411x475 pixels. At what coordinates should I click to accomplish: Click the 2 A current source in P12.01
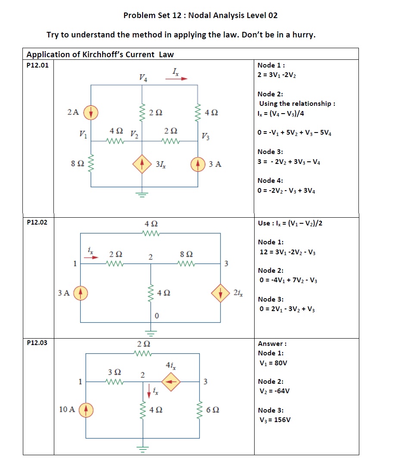pyautogui.click(x=91, y=112)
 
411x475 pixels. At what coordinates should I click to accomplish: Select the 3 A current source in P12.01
pyautogui.click(x=198, y=164)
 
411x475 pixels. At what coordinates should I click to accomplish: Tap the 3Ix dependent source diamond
pyautogui.click(x=142, y=164)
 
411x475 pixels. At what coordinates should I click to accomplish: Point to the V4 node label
pyautogui.click(x=143, y=78)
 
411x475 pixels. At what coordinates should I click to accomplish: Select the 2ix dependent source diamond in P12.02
pyautogui.click(x=221, y=293)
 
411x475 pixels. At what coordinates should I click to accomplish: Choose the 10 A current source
pyautogui.click(x=86, y=409)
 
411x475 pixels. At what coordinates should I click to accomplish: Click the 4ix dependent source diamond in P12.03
pyautogui.click(x=171, y=381)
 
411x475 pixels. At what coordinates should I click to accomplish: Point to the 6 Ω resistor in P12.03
pyautogui.click(x=200, y=410)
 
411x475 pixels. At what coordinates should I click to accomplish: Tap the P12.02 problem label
pyautogui.click(x=37, y=222)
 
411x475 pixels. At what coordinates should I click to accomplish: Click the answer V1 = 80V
pyautogui.click(x=272, y=363)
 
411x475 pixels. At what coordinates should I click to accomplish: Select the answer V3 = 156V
pyautogui.click(x=274, y=419)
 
